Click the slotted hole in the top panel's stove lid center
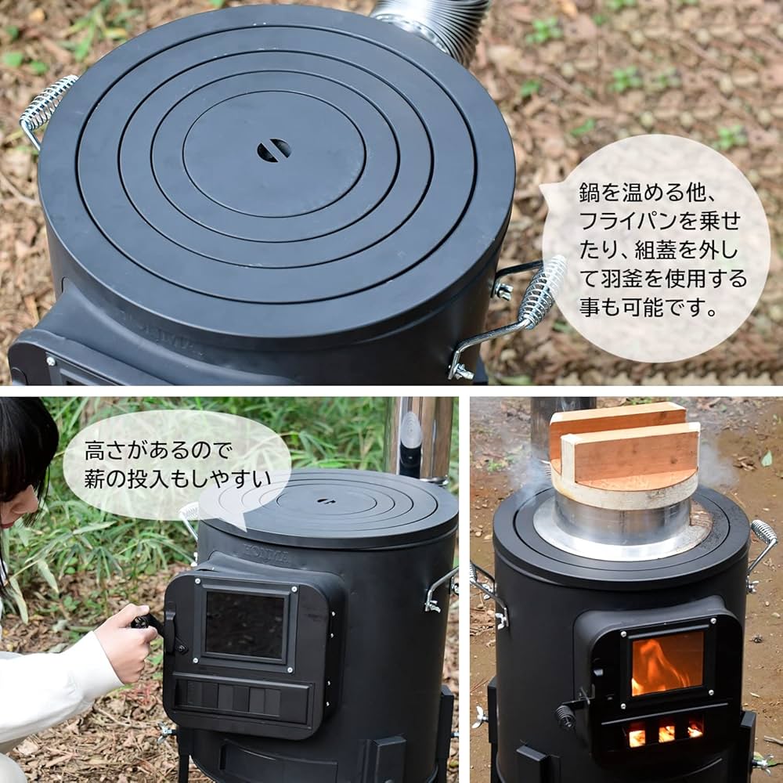[274, 150]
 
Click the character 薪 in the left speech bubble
[96, 478]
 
